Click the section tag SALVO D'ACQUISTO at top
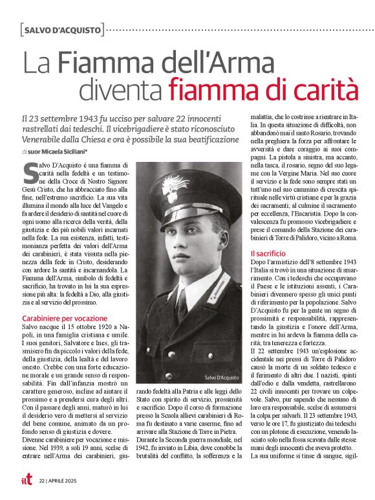(63, 30)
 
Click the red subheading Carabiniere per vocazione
(65, 319)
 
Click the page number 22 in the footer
(41, 481)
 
